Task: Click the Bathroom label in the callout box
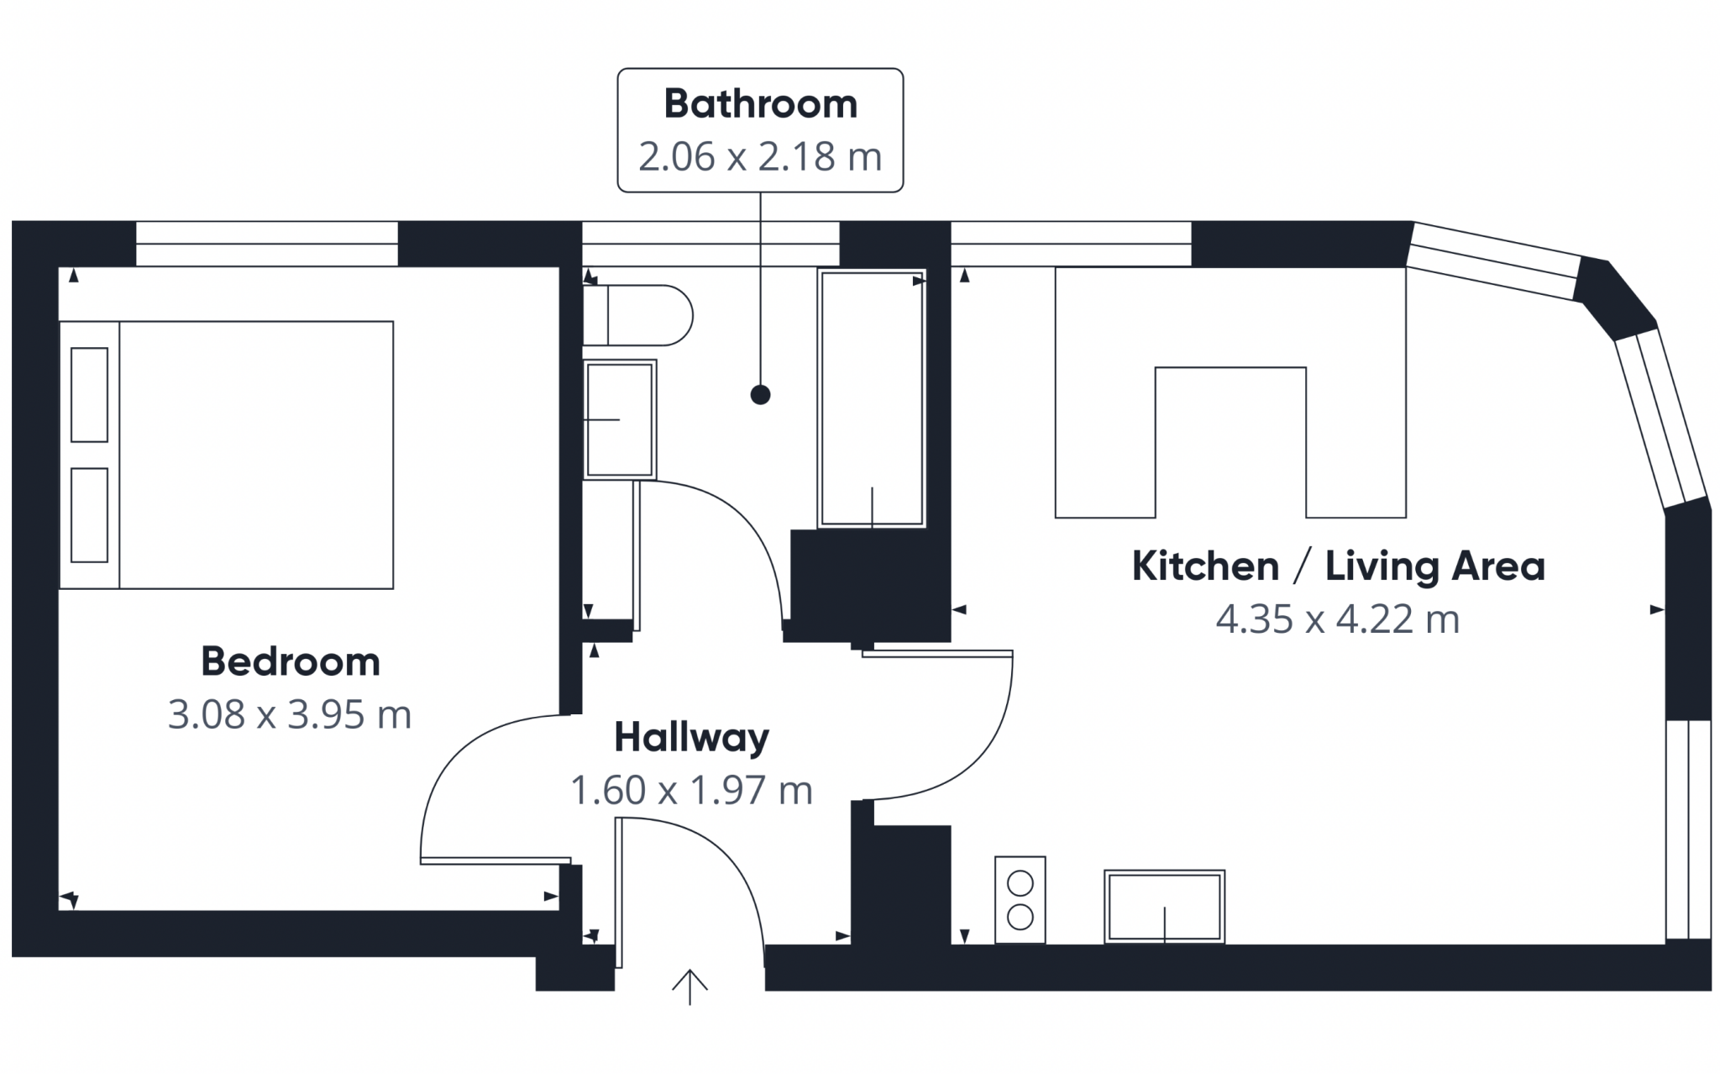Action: tap(760, 104)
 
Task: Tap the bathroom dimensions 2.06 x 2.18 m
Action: tap(760, 156)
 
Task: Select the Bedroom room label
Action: tap(291, 661)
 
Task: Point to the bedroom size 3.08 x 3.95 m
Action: tap(290, 714)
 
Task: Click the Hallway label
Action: tap(692, 738)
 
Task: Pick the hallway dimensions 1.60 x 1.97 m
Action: tap(692, 790)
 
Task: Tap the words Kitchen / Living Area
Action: tap(1339, 566)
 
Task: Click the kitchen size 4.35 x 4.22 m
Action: tap(1338, 619)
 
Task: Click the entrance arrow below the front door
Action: tap(690, 987)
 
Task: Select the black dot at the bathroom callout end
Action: tap(761, 394)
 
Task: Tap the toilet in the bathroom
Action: tap(637, 315)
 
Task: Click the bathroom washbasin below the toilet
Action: tap(620, 419)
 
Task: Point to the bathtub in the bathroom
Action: tap(872, 398)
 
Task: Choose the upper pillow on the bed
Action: tap(90, 395)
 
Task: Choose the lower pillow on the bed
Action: tap(90, 515)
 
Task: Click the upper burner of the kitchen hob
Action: tap(1020, 884)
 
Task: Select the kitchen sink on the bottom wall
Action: tap(1164, 907)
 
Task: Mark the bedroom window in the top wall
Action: tap(267, 244)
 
